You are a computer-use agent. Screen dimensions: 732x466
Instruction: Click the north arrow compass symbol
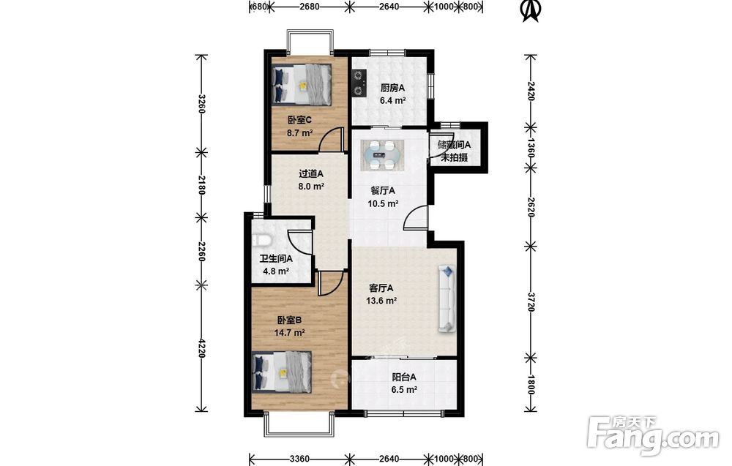(x=531, y=11)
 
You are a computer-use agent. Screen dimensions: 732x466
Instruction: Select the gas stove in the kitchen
(x=359, y=82)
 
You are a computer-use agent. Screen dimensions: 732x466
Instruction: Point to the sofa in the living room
(x=447, y=298)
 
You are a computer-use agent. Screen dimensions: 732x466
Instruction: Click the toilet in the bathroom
(x=261, y=240)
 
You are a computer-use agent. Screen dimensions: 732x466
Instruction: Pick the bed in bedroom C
(x=302, y=84)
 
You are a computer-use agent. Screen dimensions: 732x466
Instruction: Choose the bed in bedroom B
(x=282, y=372)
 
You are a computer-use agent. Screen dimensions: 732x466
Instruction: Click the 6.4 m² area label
(x=392, y=101)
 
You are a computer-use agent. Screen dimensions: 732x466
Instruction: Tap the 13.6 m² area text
(x=381, y=301)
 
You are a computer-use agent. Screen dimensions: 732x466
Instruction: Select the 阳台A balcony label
(x=404, y=377)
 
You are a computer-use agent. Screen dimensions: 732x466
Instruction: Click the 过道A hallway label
(x=311, y=174)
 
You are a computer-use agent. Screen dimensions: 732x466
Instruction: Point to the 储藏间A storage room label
(x=455, y=145)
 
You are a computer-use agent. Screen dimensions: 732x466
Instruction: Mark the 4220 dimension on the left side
(x=202, y=348)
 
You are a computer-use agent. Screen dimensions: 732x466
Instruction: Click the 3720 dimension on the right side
(x=531, y=302)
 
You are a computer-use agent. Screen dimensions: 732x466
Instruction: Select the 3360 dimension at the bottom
(x=299, y=459)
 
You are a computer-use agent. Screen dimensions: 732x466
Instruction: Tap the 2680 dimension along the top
(x=310, y=7)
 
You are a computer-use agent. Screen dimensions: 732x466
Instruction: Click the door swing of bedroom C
(x=331, y=139)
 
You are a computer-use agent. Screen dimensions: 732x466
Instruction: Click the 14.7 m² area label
(x=289, y=333)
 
